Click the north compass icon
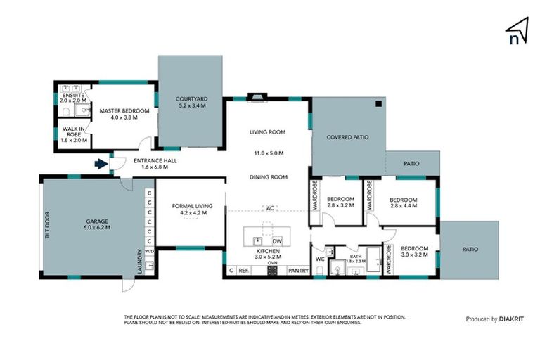(x=517, y=31)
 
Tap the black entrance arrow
(x=101, y=165)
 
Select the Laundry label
(x=141, y=262)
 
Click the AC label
(x=269, y=208)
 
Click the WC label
(x=319, y=259)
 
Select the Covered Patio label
(x=347, y=138)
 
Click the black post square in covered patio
(x=378, y=104)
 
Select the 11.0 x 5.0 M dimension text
(x=269, y=153)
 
